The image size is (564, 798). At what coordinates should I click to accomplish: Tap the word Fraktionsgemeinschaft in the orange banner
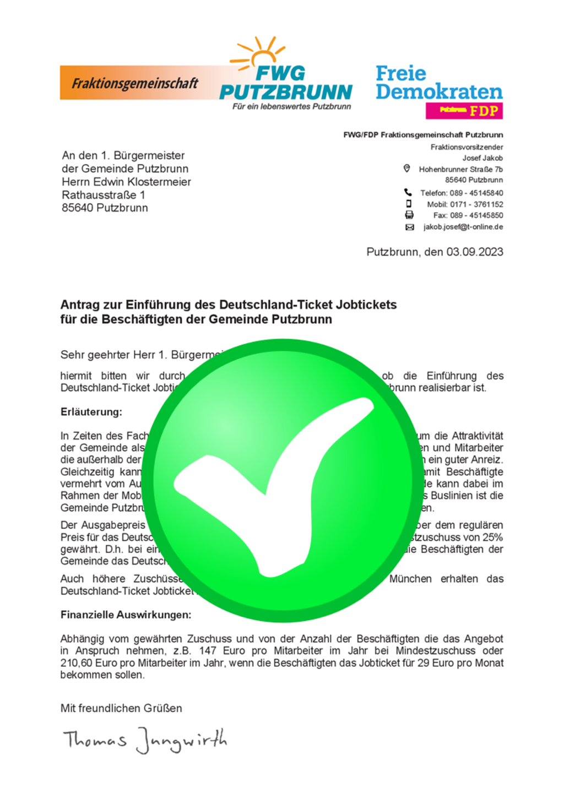tap(135, 83)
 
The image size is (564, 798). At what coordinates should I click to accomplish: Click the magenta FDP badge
tap(464, 111)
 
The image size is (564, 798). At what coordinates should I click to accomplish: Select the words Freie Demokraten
tap(439, 82)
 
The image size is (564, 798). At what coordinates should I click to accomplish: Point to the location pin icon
tap(406, 169)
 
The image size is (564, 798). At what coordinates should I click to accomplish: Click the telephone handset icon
tap(408, 192)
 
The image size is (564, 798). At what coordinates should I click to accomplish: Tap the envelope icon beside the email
tap(409, 227)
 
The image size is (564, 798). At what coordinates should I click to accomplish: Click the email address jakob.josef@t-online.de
tap(463, 227)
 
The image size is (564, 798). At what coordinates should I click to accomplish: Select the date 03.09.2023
tap(474, 252)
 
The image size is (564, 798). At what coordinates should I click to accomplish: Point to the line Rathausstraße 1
tap(104, 195)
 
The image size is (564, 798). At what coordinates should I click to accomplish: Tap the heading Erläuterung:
tap(91, 412)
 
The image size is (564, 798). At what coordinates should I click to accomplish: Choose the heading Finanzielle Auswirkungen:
tap(126, 615)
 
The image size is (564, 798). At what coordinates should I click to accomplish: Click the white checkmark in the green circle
tap(275, 485)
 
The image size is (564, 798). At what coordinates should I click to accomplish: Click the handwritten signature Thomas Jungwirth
tap(144, 740)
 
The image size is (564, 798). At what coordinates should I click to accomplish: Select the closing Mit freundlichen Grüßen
tap(121, 708)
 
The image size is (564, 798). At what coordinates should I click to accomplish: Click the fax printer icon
tap(409, 215)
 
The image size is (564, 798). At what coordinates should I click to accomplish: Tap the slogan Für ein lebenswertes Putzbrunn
tap(291, 106)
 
